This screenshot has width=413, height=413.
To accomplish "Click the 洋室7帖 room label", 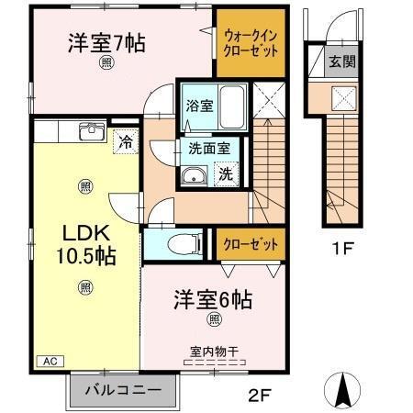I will (x=106, y=42).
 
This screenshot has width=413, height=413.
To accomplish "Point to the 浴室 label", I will (x=199, y=105).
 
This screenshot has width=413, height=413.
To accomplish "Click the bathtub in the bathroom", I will (x=233, y=107).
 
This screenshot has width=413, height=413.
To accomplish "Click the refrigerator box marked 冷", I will (x=126, y=142).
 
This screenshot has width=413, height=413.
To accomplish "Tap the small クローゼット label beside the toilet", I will (x=250, y=244).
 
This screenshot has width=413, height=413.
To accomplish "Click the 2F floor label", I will (x=260, y=396).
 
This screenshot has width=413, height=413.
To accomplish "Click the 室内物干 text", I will (x=214, y=351).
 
